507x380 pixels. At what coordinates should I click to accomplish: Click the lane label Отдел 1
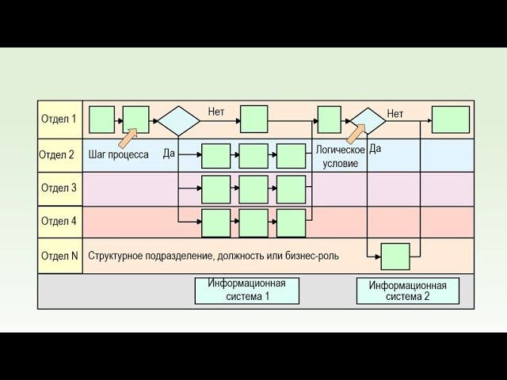point(59,120)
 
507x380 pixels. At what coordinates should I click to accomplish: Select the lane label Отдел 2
point(57,154)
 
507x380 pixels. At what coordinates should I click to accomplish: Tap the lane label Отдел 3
point(59,188)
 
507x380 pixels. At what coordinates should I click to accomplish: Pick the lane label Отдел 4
point(59,222)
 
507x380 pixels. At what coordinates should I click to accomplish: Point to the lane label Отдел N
point(59,256)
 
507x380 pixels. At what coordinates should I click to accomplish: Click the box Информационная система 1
point(247,290)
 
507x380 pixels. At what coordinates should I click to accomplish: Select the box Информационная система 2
point(408,291)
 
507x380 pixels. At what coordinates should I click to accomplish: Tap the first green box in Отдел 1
point(101,120)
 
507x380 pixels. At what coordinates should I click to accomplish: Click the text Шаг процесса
point(119,154)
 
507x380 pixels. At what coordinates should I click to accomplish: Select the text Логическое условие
point(340,156)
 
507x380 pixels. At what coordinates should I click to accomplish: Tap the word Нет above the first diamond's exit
point(216,112)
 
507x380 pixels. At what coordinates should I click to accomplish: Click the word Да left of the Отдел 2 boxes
point(169,153)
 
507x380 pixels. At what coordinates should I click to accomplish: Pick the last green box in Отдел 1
point(450,120)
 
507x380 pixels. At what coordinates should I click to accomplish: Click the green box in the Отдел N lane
point(395,256)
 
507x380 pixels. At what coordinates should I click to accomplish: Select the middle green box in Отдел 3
point(253,189)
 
